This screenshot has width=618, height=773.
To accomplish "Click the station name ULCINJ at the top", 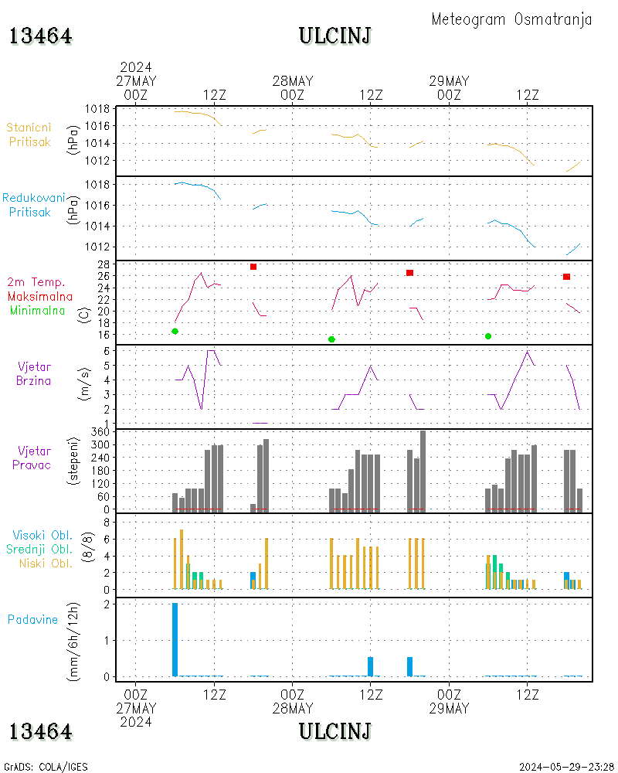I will (334, 36).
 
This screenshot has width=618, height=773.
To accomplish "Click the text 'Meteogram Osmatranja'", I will (511, 19).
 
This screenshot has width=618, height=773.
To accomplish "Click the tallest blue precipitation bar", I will (175, 639).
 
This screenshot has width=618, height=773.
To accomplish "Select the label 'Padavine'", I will (32, 619).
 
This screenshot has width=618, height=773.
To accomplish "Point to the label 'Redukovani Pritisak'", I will (33, 205).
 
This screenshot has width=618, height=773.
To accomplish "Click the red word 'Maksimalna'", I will (40, 296).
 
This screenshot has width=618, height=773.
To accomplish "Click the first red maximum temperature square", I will (253, 267).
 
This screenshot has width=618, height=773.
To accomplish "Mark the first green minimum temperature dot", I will (175, 331).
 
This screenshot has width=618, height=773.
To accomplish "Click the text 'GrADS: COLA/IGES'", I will (46, 767).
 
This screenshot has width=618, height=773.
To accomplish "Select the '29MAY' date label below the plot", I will (449, 708).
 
